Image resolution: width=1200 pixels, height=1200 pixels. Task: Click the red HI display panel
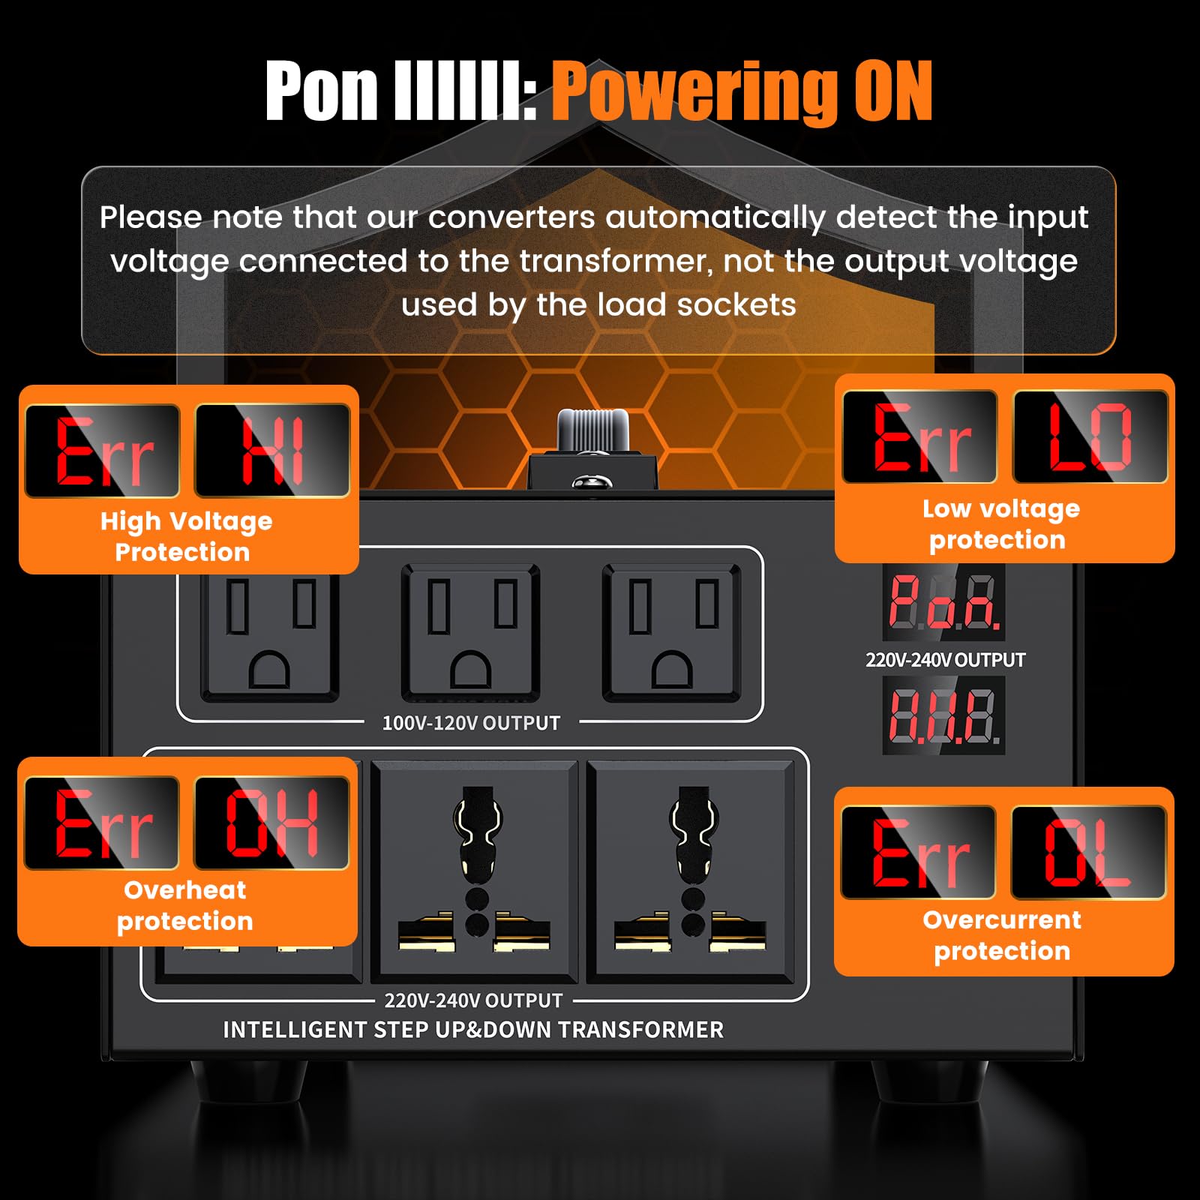(x=272, y=451)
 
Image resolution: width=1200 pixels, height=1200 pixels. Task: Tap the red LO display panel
(x=1090, y=436)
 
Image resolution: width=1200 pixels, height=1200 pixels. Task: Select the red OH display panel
(x=271, y=823)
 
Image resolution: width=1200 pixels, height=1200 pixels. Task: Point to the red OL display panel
(x=1088, y=852)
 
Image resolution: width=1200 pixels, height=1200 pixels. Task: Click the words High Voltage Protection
(x=186, y=536)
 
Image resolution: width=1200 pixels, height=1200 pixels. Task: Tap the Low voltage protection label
(x=1000, y=523)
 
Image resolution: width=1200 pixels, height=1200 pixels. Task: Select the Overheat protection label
(x=185, y=905)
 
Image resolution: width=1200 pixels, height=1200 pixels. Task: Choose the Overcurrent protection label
(x=1002, y=934)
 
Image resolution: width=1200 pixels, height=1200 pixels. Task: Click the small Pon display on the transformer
(x=943, y=602)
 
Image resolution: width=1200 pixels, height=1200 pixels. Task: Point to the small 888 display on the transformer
(x=943, y=715)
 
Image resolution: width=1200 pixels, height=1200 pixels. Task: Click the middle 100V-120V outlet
(x=470, y=633)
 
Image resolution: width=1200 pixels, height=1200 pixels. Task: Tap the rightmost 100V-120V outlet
(x=672, y=633)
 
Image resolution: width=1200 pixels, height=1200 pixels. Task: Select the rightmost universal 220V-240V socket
(x=690, y=872)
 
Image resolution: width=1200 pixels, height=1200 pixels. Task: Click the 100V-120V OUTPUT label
(x=471, y=723)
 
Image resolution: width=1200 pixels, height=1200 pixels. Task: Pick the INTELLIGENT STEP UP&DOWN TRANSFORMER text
(x=473, y=1030)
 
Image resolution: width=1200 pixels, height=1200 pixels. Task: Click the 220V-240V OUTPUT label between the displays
(x=945, y=660)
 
